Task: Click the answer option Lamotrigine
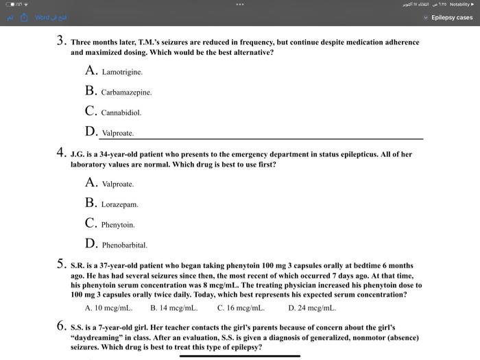122,71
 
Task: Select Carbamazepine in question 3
126,92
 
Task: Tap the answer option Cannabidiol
121,112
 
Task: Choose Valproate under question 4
117,184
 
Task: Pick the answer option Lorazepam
119,204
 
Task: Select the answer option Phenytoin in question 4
118,225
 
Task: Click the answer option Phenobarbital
124,245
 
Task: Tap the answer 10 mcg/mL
108,308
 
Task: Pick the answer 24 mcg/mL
312,308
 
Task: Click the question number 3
61,41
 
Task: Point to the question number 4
61,154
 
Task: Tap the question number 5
61,263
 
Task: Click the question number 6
61,326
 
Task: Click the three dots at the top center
239,4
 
